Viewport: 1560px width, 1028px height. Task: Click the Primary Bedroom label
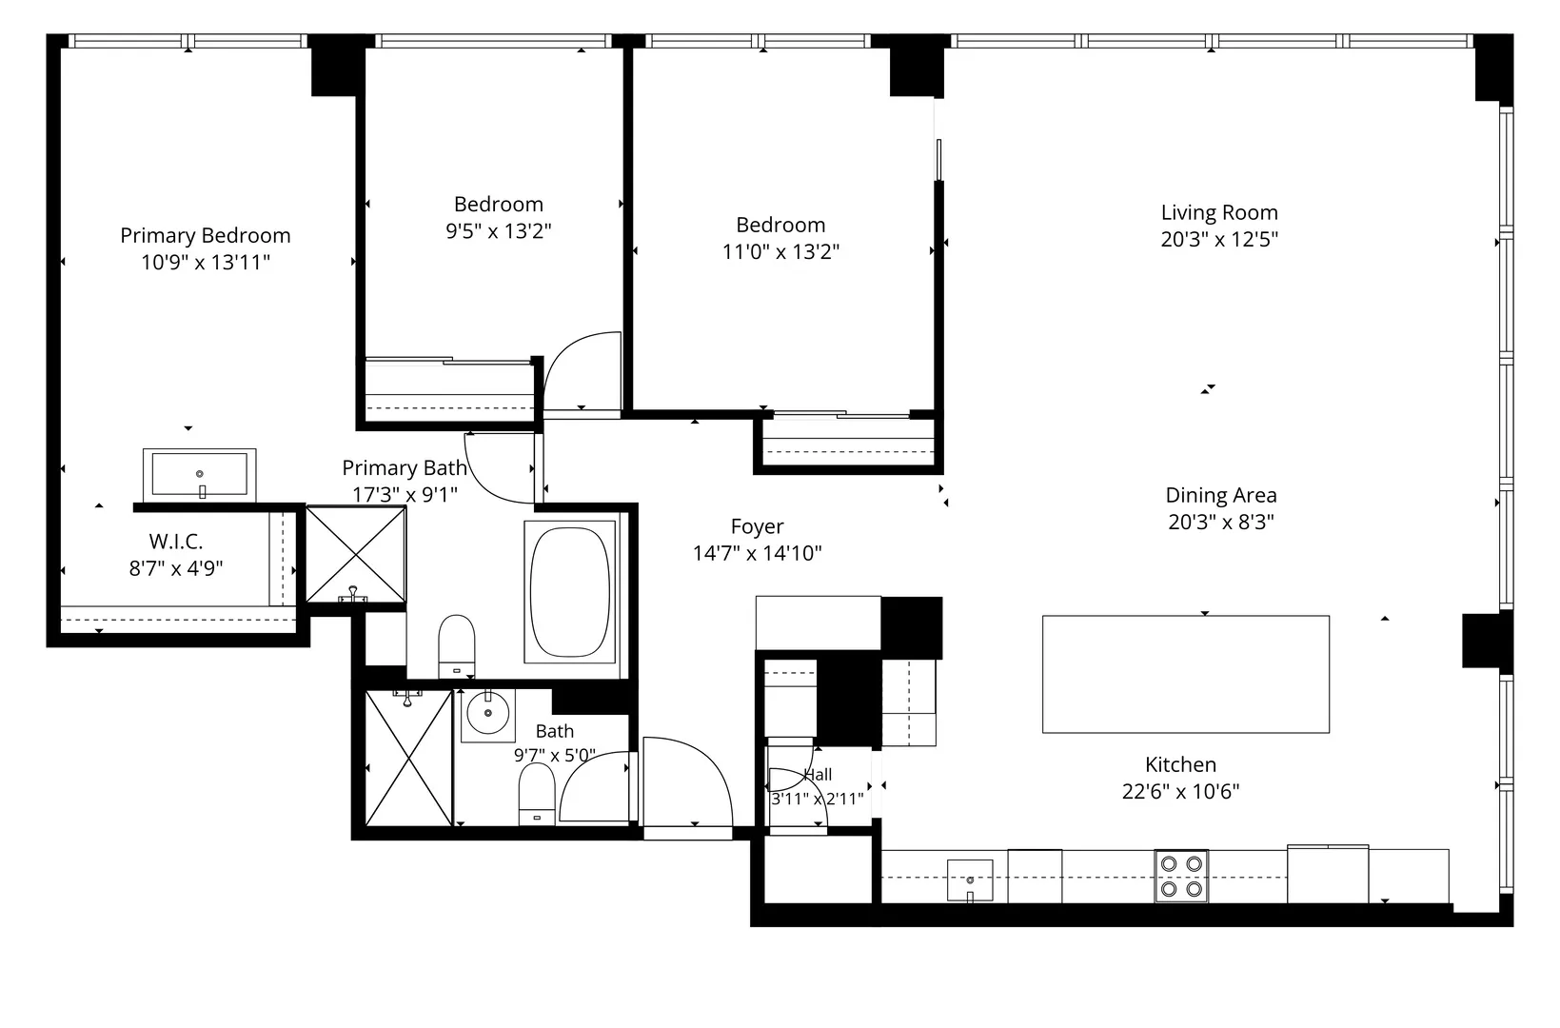click(x=206, y=235)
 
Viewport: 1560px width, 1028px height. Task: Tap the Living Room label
click(x=1219, y=212)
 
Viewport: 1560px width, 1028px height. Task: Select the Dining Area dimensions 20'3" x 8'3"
click(x=1221, y=522)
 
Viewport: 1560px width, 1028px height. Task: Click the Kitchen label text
click(x=1180, y=764)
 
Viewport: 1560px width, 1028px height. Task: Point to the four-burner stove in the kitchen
click(x=1181, y=876)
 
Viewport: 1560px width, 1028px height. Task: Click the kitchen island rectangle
click(x=1185, y=674)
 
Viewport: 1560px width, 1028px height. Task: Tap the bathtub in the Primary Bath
click(x=570, y=592)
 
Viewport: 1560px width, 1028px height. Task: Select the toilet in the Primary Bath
click(x=456, y=646)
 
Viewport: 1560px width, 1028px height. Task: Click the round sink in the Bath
click(x=487, y=713)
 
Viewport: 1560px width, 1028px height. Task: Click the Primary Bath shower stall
click(x=356, y=554)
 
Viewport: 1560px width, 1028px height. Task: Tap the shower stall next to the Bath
click(x=409, y=759)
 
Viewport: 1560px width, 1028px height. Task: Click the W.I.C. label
click(x=175, y=542)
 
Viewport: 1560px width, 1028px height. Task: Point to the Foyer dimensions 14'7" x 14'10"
click(x=757, y=553)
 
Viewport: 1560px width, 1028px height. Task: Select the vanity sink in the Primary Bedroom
click(x=200, y=474)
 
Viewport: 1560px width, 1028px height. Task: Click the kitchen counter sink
click(x=970, y=880)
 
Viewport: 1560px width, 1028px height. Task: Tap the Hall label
click(x=818, y=775)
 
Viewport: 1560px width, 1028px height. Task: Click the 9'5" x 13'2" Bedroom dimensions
click(x=499, y=230)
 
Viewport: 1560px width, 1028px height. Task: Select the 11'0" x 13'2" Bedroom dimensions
click(x=780, y=251)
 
